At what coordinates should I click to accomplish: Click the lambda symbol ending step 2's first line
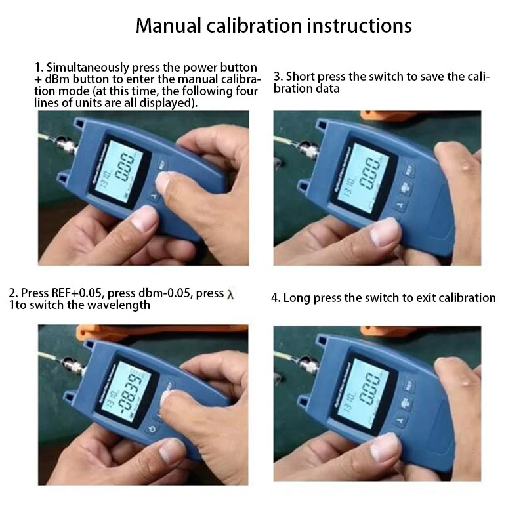click(x=230, y=294)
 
